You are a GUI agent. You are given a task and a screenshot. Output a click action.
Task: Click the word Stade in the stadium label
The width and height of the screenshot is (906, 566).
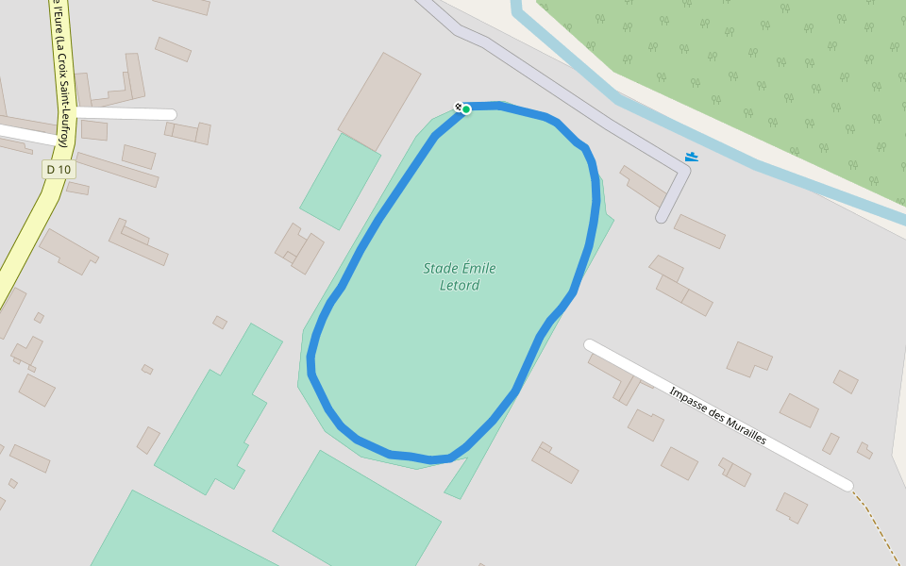(x=440, y=269)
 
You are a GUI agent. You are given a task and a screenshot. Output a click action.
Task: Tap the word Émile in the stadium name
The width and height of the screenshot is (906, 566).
(x=478, y=269)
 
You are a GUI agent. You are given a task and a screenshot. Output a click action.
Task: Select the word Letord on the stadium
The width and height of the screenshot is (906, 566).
(x=460, y=285)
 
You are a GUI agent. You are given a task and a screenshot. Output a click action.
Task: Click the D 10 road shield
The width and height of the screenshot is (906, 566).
(x=59, y=170)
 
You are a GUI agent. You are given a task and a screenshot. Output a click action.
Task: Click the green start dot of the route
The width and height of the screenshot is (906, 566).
(x=466, y=109)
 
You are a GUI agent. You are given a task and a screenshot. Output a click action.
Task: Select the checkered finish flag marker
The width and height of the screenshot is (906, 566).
(x=458, y=107)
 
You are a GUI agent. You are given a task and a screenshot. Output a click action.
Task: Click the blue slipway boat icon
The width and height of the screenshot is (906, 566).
(x=692, y=157)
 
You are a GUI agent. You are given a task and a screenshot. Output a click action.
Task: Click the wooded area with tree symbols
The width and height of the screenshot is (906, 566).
(x=755, y=75)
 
